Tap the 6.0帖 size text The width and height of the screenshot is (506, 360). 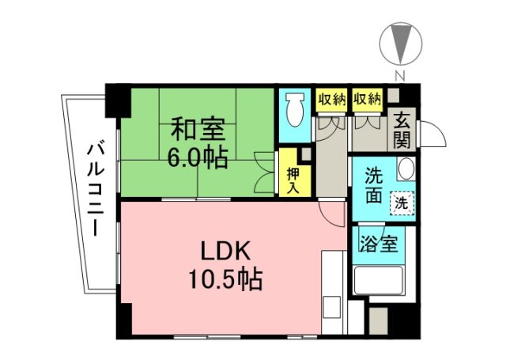198,156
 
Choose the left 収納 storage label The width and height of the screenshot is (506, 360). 331,100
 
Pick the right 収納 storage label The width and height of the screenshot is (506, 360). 368,100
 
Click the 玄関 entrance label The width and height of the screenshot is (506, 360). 402,131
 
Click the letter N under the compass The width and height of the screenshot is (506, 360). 400,77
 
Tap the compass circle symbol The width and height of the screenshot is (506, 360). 400,44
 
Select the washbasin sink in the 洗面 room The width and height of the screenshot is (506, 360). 405,169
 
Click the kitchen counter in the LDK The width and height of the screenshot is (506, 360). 332,289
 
